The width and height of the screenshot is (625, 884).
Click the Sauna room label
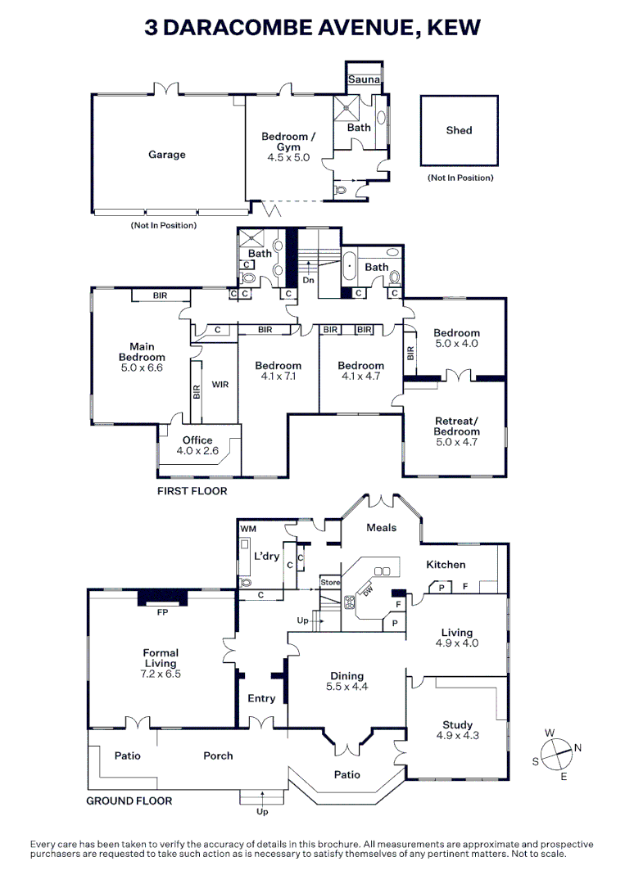click(x=363, y=79)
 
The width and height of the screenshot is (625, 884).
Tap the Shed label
click(x=459, y=130)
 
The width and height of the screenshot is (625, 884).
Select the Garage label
click(x=167, y=155)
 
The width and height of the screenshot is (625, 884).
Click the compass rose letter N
click(x=577, y=747)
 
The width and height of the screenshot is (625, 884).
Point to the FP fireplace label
click(x=162, y=611)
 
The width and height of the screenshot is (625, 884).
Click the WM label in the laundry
click(x=247, y=530)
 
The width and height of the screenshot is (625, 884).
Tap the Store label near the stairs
click(x=329, y=583)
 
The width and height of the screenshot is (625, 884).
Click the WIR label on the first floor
click(x=220, y=384)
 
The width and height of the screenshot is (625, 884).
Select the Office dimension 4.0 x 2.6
click(x=197, y=451)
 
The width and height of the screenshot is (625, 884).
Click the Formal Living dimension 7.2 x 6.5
click(x=161, y=674)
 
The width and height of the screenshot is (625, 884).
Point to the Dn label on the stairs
click(x=309, y=280)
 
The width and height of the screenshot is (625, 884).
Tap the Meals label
click(x=381, y=528)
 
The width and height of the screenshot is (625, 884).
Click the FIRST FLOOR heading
click(x=192, y=491)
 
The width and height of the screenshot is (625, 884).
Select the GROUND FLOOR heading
click(x=129, y=801)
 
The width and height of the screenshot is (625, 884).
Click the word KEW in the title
click(x=453, y=28)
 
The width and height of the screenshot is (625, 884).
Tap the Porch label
click(x=219, y=756)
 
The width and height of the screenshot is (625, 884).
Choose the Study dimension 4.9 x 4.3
click(x=457, y=736)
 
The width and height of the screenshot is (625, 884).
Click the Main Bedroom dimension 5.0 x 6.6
click(x=142, y=368)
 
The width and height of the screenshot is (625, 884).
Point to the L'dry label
click(x=267, y=557)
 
